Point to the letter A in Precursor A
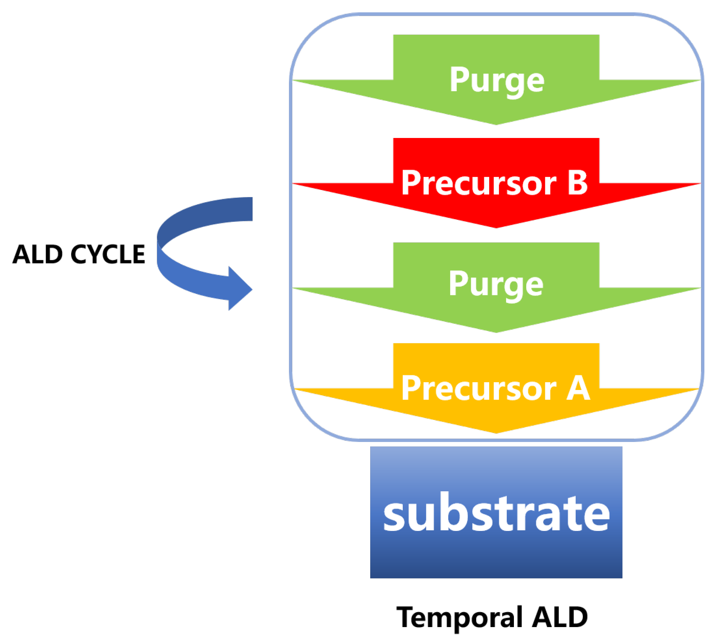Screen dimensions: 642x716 (x=578, y=388)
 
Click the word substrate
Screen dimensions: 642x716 (x=496, y=513)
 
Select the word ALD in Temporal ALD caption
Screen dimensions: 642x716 (x=560, y=617)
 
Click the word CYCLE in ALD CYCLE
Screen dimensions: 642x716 (x=108, y=254)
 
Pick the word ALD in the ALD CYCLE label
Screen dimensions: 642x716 (x=37, y=254)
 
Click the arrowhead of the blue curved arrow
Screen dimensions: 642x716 (x=241, y=288)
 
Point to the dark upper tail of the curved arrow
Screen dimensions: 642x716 (x=240, y=209)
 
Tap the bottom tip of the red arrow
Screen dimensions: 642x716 (x=496, y=226)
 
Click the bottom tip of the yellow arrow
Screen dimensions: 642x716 (x=496, y=431)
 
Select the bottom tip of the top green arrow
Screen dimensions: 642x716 (x=496, y=123)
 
